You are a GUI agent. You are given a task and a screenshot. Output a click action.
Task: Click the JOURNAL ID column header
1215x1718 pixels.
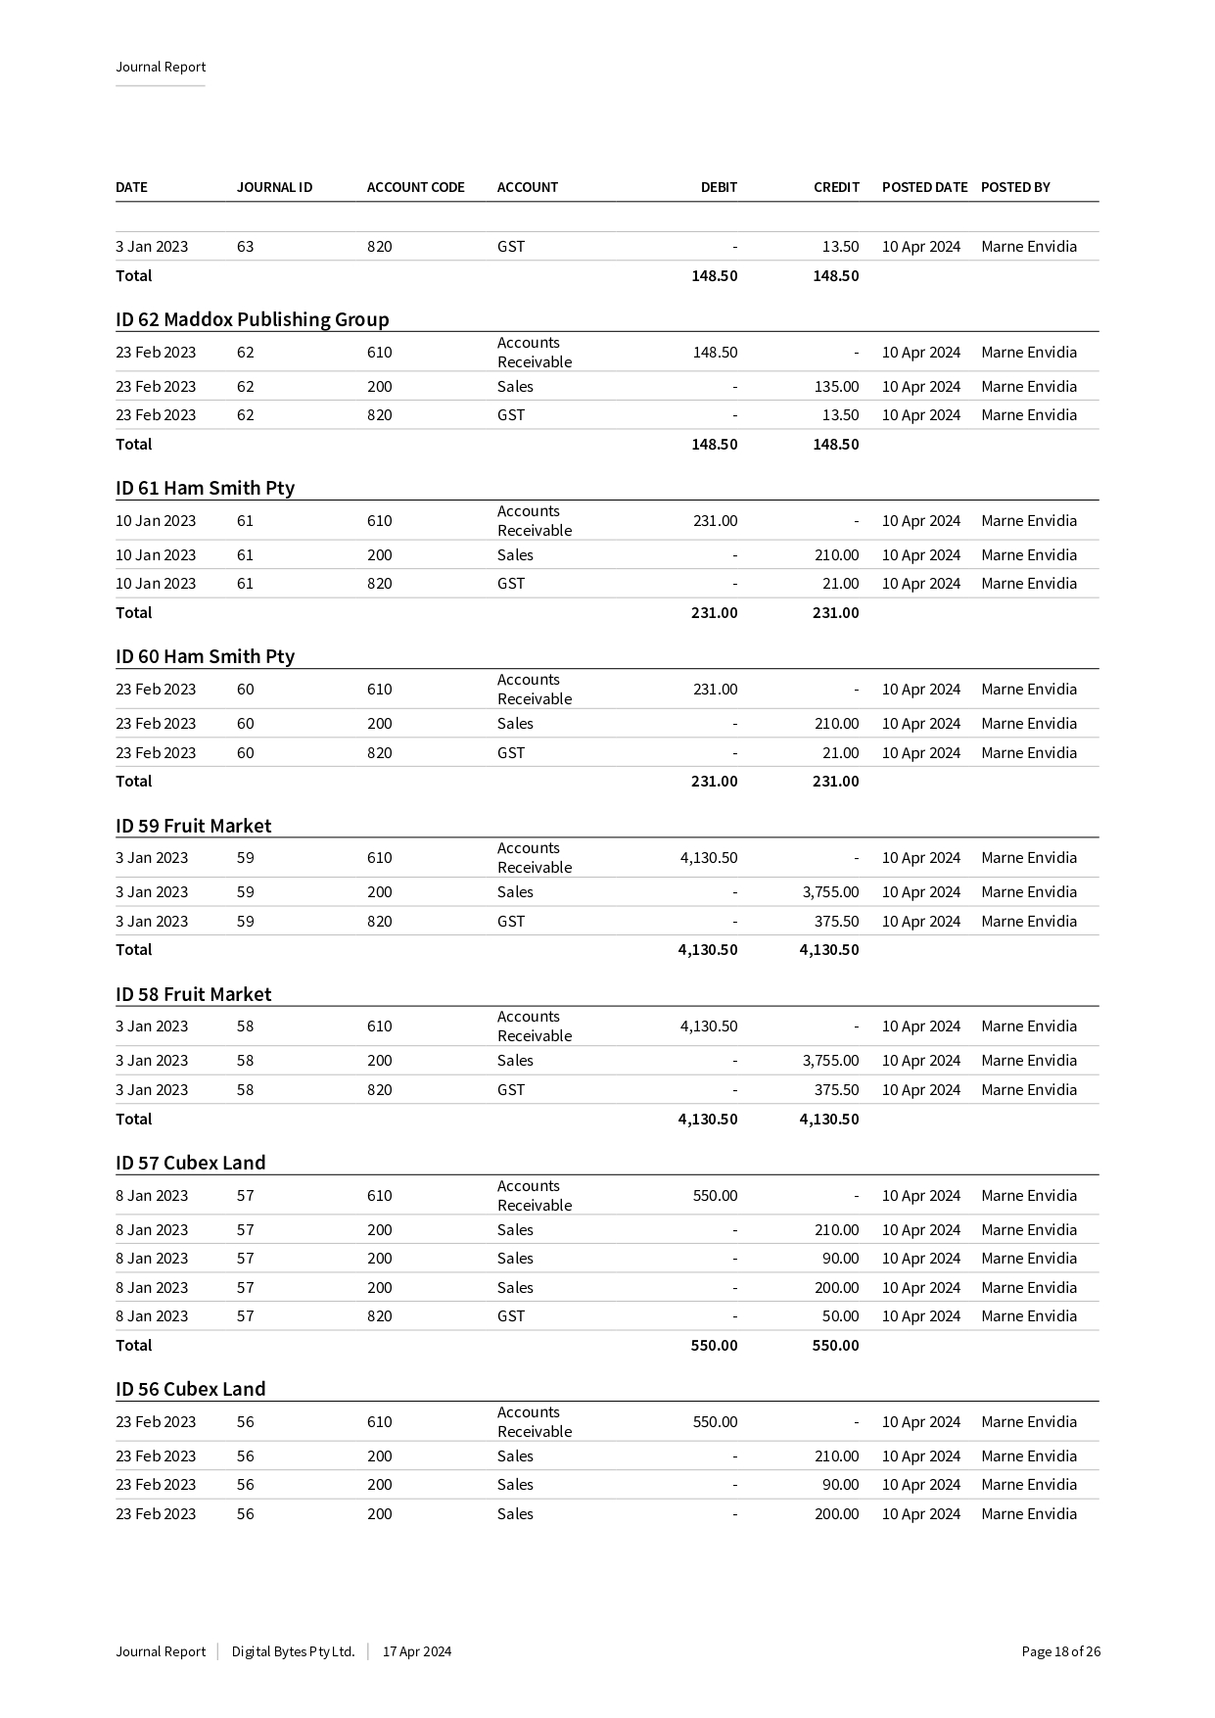pyautogui.click(x=274, y=187)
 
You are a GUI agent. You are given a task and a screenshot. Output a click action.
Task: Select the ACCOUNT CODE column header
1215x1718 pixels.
pyautogui.click(x=415, y=187)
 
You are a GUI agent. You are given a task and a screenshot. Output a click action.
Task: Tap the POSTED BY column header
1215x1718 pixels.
pyautogui.click(x=1015, y=187)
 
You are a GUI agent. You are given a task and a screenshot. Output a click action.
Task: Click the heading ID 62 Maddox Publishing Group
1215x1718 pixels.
pyautogui.click(x=252, y=319)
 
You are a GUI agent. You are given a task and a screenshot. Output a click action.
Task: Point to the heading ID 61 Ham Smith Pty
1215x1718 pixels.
pyautogui.click(x=205, y=488)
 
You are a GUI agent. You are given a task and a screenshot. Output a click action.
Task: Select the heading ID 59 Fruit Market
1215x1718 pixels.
pyautogui.click(x=193, y=826)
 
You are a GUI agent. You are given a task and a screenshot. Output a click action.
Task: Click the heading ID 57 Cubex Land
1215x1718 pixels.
pyautogui.click(x=190, y=1163)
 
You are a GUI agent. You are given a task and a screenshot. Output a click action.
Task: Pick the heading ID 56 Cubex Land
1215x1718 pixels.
pyautogui.click(x=190, y=1389)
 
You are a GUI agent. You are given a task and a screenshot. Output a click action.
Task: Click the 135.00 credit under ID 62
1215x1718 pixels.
pyautogui.click(x=836, y=387)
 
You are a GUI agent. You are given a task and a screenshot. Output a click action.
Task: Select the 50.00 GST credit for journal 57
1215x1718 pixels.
pyautogui.click(x=840, y=1316)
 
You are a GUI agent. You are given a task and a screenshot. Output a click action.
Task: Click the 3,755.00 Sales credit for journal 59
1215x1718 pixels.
pyautogui.click(x=830, y=892)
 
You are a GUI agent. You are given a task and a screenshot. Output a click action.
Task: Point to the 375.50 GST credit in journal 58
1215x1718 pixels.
pyautogui.click(x=836, y=1090)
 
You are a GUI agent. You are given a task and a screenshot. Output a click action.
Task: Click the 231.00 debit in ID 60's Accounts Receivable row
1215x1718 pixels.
pyautogui.click(x=715, y=690)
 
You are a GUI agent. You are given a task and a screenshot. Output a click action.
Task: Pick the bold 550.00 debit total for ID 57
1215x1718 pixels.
pyautogui.click(x=714, y=1346)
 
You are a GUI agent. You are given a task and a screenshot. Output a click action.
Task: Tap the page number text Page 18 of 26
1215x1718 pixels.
pyautogui.click(x=1060, y=1651)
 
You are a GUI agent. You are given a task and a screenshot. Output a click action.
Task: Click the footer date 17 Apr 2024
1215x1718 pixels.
pyautogui.click(x=417, y=1651)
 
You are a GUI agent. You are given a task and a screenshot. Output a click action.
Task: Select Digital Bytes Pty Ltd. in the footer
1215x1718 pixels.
pyautogui.click(x=293, y=1651)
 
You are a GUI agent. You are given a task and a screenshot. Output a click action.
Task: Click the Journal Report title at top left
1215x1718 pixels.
pyautogui.click(x=161, y=68)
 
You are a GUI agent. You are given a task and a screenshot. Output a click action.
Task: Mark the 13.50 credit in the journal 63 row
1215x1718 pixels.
pyautogui.click(x=840, y=247)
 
